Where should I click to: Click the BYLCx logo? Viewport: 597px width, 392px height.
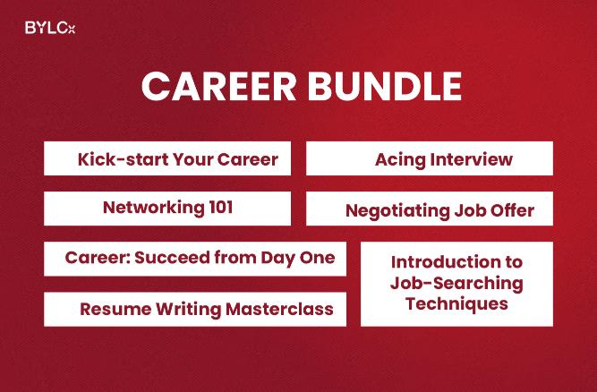coord(50,28)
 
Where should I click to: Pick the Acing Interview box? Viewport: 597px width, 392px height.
coord(430,158)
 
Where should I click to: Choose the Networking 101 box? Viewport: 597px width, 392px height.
coord(167,208)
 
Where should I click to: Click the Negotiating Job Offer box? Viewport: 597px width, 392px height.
coord(430,209)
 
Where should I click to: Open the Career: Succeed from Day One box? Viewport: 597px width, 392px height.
coord(195,259)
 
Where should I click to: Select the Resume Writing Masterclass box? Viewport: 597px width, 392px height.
coord(195,309)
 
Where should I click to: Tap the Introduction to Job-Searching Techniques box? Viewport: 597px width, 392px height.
coord(456,283)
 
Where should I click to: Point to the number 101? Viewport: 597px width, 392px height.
coord(217,208)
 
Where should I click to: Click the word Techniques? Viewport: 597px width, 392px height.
coord(456,303)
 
